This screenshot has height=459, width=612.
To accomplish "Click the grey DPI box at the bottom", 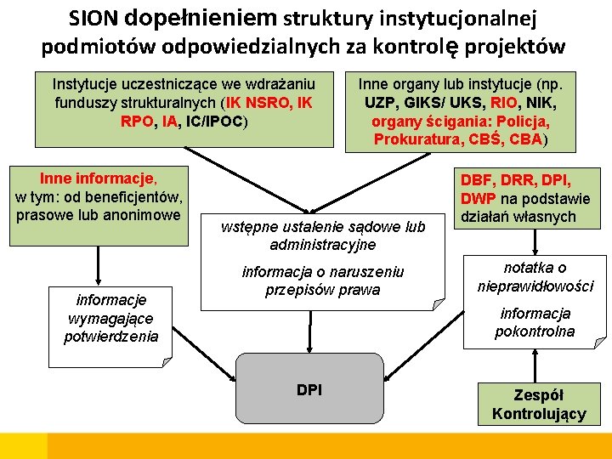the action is click(309, 390).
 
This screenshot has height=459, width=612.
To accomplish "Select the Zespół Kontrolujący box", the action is click(539, 405).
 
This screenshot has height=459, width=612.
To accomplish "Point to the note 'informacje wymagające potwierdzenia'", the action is click(110, 318).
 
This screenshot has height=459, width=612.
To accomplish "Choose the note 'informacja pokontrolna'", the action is click(535, 322).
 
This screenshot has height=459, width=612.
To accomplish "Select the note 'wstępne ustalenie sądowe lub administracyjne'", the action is click(322, 235).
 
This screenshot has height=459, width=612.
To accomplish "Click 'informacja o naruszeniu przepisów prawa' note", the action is click(322, 280).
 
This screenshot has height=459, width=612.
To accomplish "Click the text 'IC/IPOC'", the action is click(215, 122).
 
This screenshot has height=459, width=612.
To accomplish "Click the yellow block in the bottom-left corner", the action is click(23, 445).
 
